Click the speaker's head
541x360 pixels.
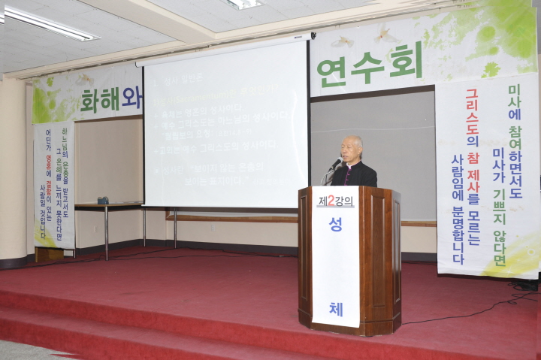(352, 147)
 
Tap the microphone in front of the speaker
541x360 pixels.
(335, 163)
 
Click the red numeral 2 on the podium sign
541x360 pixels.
(331, 201)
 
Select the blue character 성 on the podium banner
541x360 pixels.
(335, 247)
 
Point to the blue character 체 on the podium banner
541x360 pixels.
(335, 308)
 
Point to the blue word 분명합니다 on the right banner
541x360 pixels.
(457, 233)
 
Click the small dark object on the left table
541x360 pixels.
(103, 200)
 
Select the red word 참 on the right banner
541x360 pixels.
(473, 159)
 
